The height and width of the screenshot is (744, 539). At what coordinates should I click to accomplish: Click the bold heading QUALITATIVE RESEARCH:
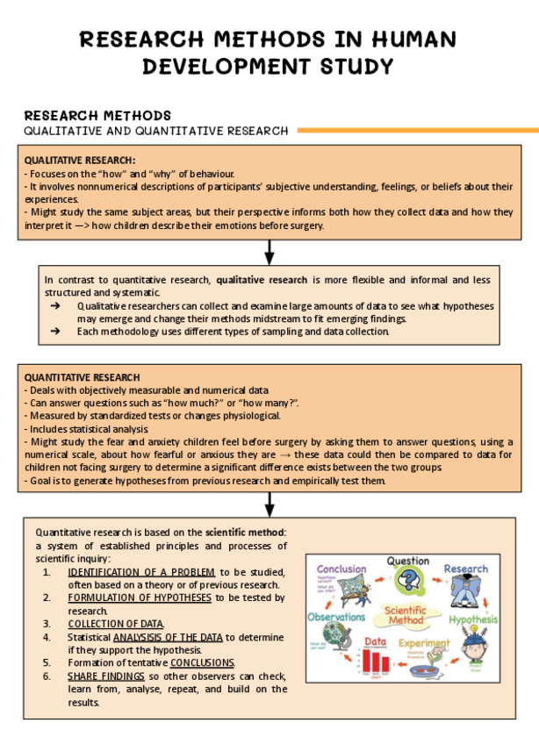click(80, 161)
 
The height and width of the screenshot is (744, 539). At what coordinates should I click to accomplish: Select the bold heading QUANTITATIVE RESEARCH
click(82, 377)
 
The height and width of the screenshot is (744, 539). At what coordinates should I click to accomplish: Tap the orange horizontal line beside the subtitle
click(417, 131)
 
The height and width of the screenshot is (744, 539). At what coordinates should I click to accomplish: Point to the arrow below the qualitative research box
click(269, 252)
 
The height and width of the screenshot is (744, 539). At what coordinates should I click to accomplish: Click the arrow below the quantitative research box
click(269, 504)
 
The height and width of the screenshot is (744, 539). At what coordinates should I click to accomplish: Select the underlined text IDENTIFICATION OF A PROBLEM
click(140, 571)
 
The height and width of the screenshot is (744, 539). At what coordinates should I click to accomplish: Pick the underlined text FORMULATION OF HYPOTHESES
click(139, 597)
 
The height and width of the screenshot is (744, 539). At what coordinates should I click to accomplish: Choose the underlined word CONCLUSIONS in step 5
click(202, 662)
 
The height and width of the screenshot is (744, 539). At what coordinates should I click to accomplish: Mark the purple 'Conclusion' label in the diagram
click(341, 569)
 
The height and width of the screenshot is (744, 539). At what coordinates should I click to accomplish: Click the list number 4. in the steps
click(46, 637)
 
